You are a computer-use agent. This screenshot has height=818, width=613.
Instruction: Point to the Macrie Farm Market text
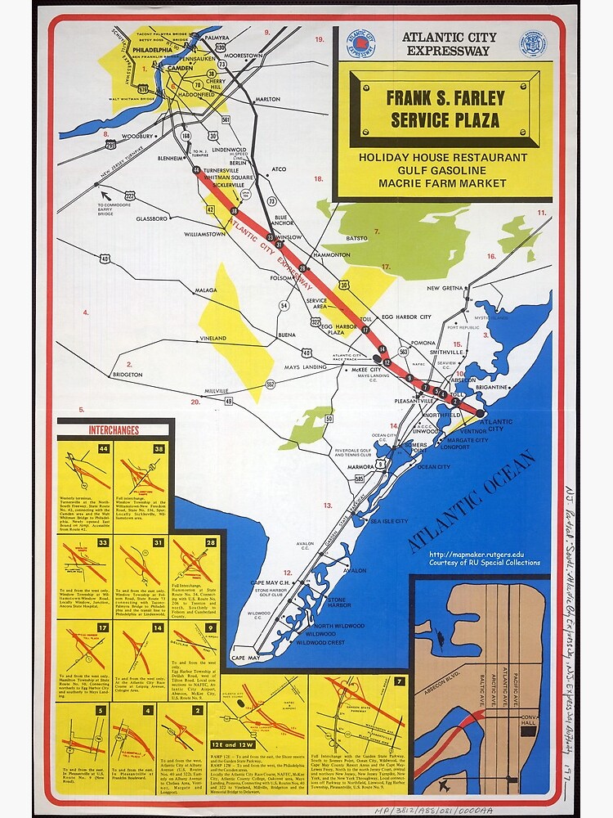point(442,182)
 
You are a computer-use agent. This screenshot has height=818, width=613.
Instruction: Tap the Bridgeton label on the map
point(128,374)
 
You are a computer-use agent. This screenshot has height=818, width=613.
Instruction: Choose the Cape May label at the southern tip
point(245,658)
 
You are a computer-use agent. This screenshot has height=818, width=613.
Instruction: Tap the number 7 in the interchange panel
point(399,681)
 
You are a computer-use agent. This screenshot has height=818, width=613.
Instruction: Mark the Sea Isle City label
point(389,521)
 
